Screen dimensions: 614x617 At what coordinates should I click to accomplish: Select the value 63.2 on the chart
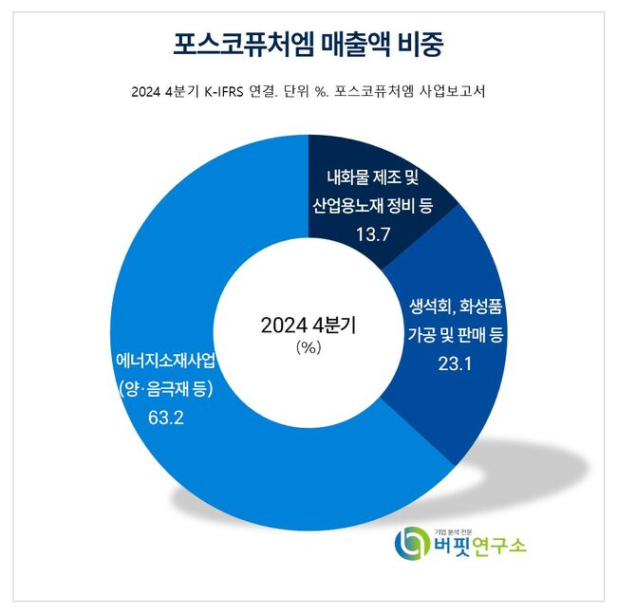(x=167, y=416)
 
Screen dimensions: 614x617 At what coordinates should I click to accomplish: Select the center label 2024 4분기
(x=308, y=326)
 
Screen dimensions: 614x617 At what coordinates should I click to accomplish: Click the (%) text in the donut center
(x=308, y=347)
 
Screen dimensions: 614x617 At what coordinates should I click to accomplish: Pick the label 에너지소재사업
(x=166, y=361)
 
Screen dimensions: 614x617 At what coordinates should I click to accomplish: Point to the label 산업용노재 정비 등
(x=373, y=205)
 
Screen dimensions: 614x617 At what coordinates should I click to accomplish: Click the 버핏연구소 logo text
(x=479, y=549)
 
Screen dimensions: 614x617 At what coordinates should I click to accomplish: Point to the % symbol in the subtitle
(x=321, y=92)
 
